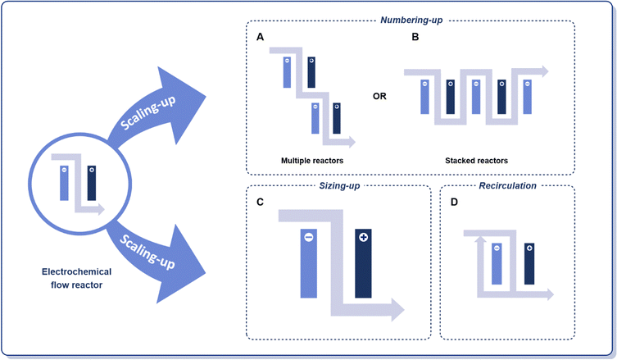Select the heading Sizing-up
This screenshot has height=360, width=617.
coord(338,187)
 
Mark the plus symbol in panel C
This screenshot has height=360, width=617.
coord(363,237)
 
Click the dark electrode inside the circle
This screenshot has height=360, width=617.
coord(91,182)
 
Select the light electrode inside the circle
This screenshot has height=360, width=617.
coord(63,182)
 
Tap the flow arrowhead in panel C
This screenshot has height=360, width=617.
coord(397,309)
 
